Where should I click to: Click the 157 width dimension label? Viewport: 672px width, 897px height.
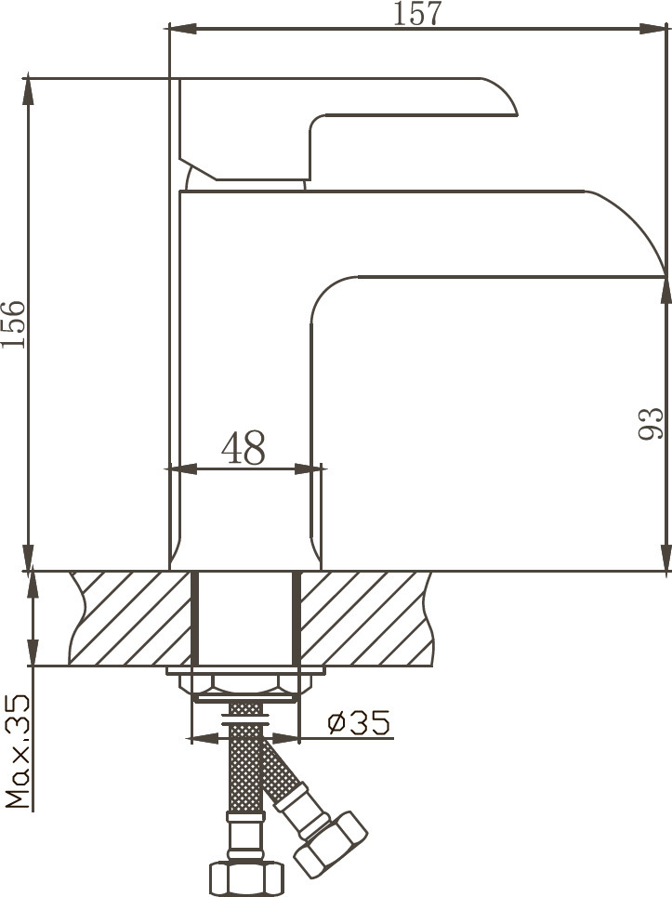point(417,14)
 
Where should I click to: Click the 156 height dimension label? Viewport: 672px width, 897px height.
point(14,323)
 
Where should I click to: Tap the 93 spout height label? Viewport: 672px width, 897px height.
point(651,424)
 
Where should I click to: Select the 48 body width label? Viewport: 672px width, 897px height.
point(244,448)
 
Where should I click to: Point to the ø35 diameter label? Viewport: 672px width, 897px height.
point(359,722)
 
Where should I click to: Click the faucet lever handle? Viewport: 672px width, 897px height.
point(348,129)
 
